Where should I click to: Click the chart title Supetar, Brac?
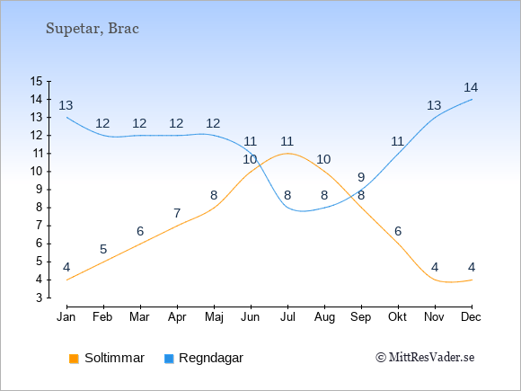(x=93, y=29)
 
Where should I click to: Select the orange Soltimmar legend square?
(x=74, y=359)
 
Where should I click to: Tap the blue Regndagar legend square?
(x=169, y=359)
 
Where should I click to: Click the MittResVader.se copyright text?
(x=425, y=358)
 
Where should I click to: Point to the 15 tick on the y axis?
(x=37, y=81)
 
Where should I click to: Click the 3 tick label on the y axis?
(x=40, y=298)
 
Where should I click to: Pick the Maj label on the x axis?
(x=214, y=317)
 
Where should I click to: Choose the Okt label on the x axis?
(x=397, y=317)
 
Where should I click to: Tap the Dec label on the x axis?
(x=472, y=317)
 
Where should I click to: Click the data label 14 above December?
(x=471, y=87)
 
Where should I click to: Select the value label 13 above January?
(x=66, y=105)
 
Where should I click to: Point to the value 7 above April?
(x=177, y=213)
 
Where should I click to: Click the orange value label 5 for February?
(x=103, y=249)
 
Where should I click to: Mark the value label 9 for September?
(x=361, y=177)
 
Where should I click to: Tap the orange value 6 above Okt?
(x=398, y=231)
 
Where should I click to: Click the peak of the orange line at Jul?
(x=287, y=154)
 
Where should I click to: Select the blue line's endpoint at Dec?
(x=472, y=99)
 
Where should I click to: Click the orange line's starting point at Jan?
(x=67, y=280)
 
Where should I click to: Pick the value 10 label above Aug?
(x=323, y=159)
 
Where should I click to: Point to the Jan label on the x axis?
(x=66, y=317)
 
